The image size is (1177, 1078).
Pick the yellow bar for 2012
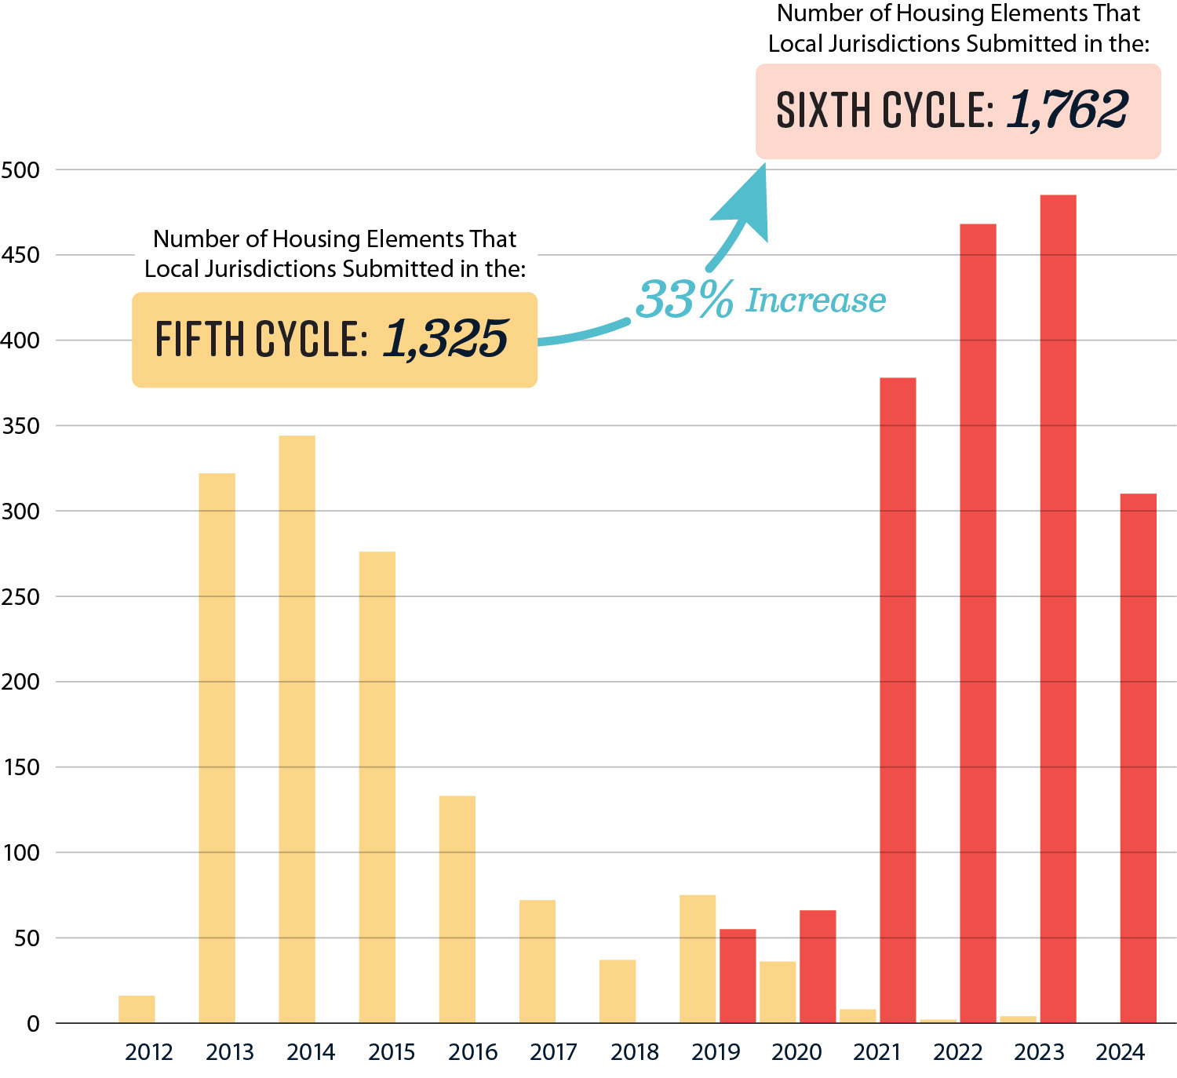click(x=137, y=1009)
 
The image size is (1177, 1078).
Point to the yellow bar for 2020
click(x=778, y=992)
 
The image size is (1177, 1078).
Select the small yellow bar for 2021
click(x=858, y=1015)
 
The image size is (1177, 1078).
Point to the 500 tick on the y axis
click(x=20, y=170)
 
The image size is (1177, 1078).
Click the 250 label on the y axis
click(x=20, y=597)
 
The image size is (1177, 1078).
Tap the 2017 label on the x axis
click(x=553, y=1052)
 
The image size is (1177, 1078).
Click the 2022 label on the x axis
click(x=957, y=1052)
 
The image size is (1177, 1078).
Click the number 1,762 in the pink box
click(x=1067, y=110)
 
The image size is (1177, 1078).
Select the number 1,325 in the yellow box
click(x=446, y=339)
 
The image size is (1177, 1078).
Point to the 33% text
click(x=684, y=300)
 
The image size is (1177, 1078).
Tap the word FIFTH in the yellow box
click(x=200, y=339)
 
